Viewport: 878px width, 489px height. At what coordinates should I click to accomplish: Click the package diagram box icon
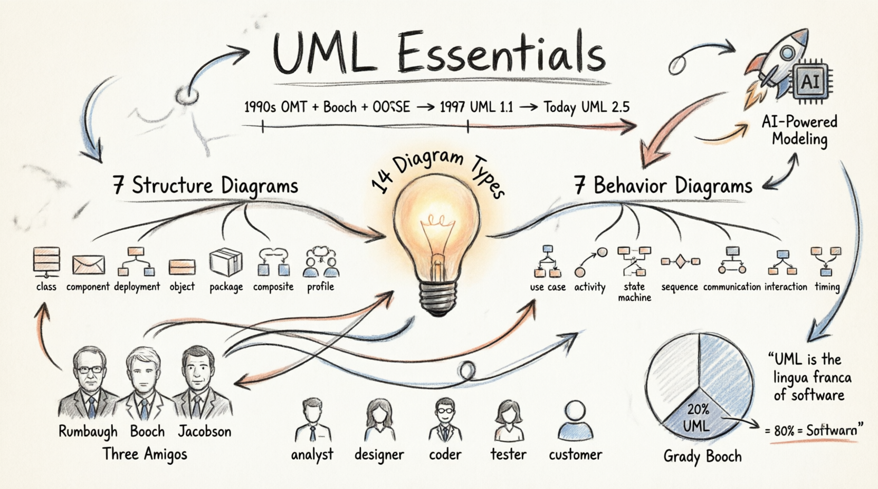(225, 262)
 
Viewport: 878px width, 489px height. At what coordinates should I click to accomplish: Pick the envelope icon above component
(88, 265)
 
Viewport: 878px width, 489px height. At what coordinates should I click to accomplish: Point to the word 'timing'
(827, 287)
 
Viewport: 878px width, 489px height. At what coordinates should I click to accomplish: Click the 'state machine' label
(634, 292)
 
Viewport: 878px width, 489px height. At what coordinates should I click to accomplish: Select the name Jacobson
(204, 431)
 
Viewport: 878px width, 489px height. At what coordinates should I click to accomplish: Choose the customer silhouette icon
(575, 421)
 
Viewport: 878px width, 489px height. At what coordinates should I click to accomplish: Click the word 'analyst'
(312, 454)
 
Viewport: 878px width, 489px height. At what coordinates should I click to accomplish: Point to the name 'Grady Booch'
(702, 456)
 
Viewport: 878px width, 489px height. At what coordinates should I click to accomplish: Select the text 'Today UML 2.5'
(586, 107)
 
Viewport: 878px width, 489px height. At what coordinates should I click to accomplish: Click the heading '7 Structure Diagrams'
(206, 186)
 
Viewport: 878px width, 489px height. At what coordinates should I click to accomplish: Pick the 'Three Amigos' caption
(145, 454)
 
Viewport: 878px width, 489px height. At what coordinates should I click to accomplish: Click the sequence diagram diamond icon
(680, 261)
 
